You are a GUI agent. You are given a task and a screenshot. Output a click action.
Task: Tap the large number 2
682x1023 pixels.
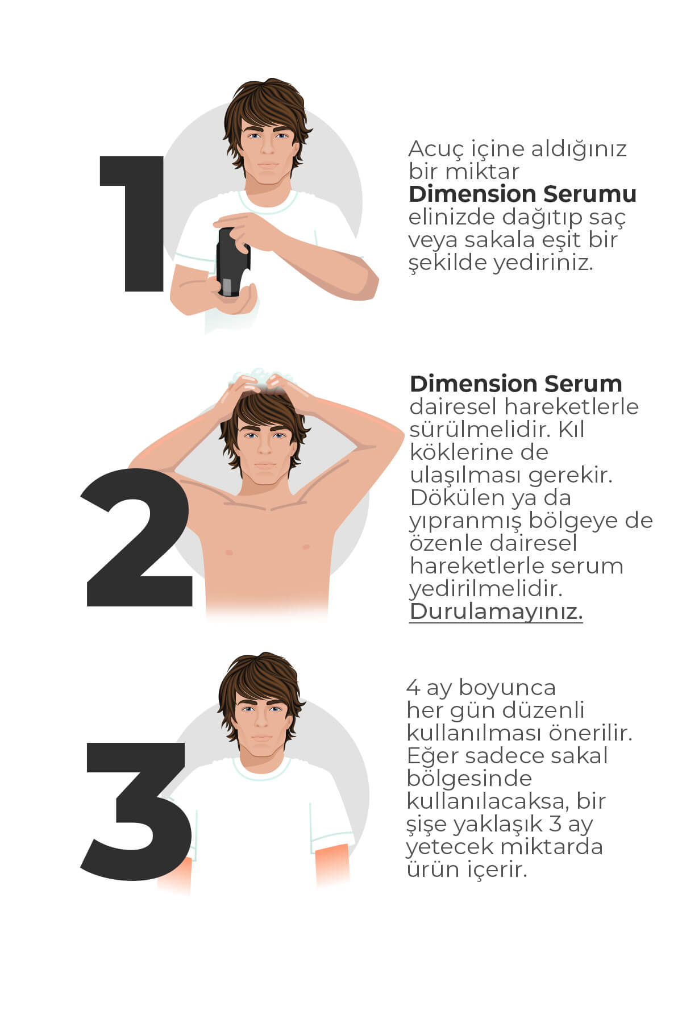[x=138, y=537]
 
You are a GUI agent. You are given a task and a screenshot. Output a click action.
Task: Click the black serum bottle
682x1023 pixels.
[x=233, y=262]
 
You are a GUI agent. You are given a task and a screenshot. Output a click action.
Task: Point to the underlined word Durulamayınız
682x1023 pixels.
[x=496, y=612]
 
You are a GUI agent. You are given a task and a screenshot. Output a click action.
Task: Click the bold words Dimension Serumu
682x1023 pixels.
[x=522, y=194]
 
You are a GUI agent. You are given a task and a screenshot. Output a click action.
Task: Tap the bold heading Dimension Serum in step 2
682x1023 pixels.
[x=515, y=384]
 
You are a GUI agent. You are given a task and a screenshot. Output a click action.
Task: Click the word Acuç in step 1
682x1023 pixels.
[x=436, y=150]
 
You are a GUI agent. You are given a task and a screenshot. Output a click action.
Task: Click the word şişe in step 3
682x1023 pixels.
[x=427, y=825]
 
